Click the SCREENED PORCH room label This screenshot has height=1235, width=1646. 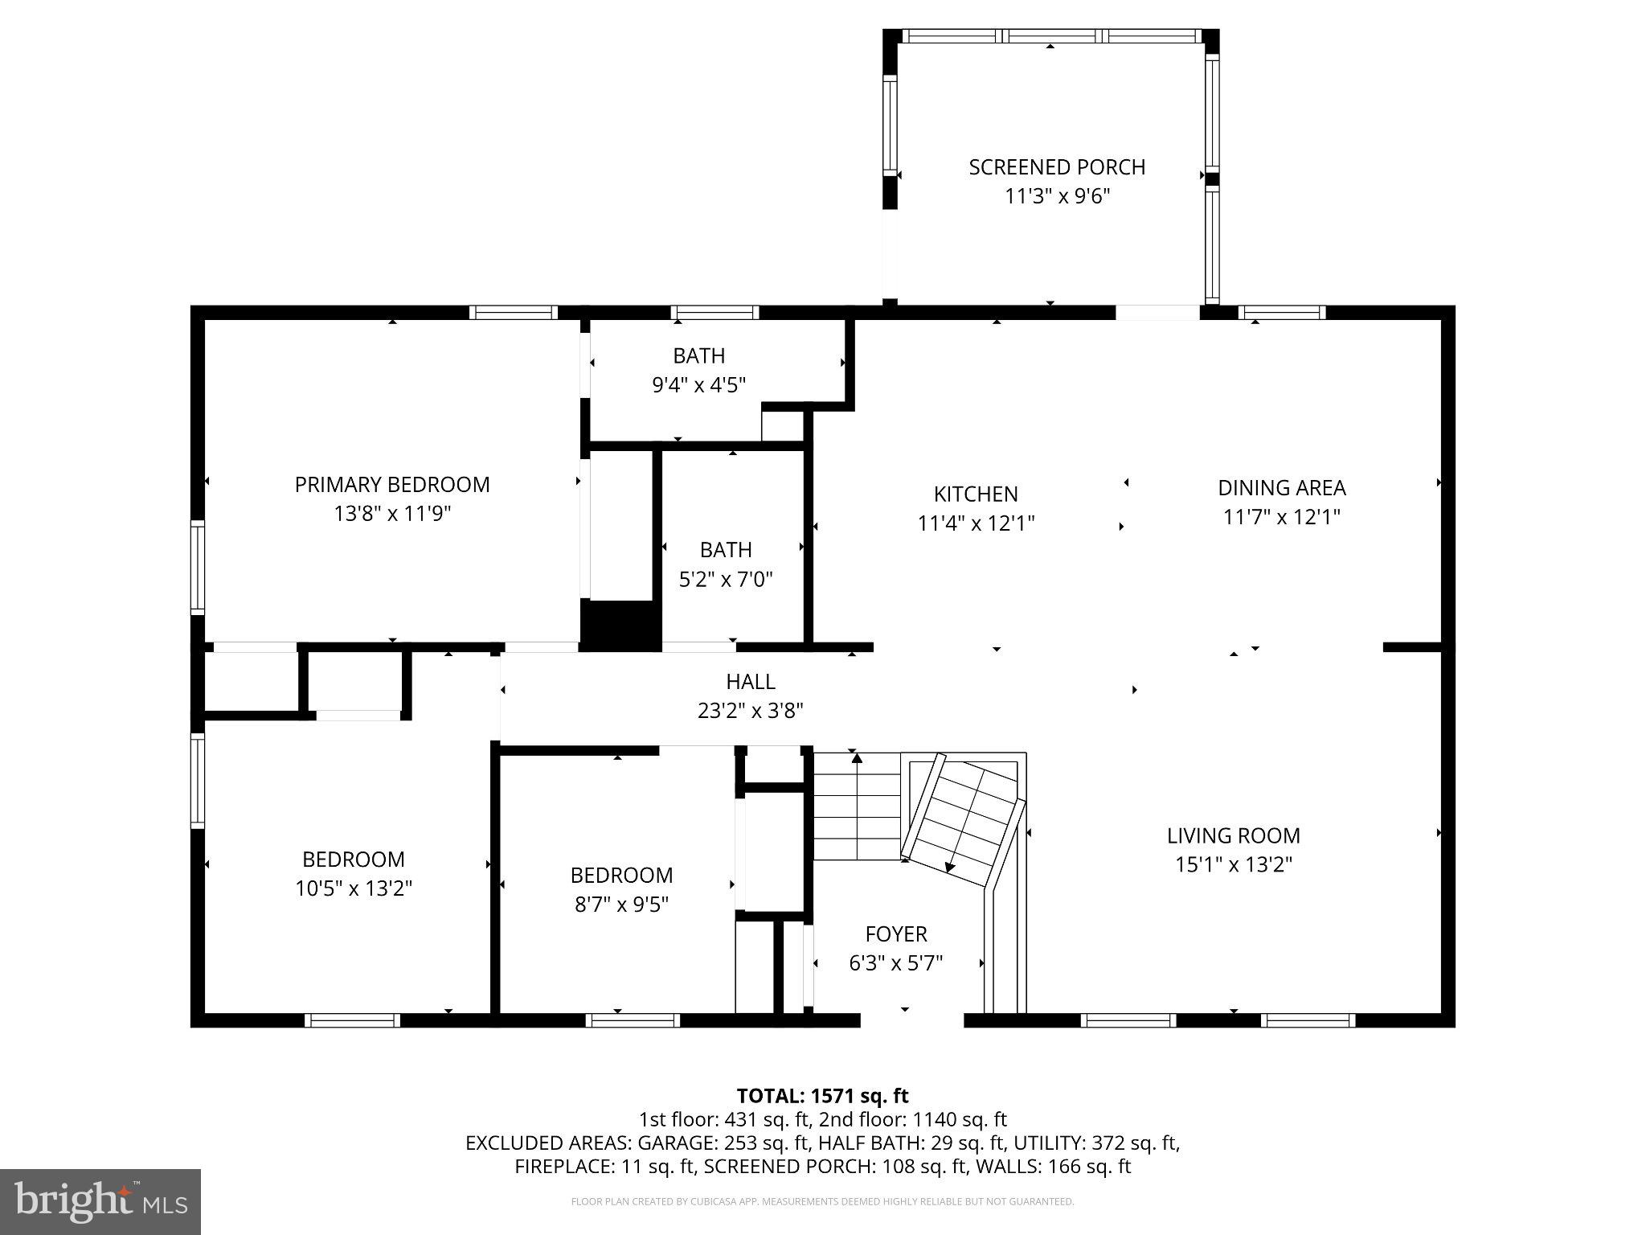tap(1056, 167)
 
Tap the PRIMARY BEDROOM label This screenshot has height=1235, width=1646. tap(391, 485)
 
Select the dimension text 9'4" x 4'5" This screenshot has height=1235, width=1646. tap(698, 385)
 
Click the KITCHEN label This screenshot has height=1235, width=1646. tap(975, 494)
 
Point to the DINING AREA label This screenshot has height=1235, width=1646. tap(1281, 488)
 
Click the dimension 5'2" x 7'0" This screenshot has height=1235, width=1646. tap(726, 579)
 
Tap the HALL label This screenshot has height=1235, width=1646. tap(750, 682)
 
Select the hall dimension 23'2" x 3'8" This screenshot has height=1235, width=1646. tap(750, 711)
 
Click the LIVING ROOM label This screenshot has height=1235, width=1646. tap(1233, 835)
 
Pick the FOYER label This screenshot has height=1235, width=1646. tap(895, 933)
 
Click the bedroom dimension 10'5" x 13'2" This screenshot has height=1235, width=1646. tap(353, 888)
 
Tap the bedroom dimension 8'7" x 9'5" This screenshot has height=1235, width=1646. tap(621, 905)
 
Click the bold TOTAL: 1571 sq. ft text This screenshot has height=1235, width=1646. tap(822, 1096)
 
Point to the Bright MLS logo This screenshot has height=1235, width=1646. tap(100, 1201)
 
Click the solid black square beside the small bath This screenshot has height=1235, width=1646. tap(620, 625)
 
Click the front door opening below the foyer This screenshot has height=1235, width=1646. tap(911, 1020)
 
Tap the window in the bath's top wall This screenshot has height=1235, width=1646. tap(714, 313)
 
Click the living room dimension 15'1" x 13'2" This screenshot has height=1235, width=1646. tap(1233, 864)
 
